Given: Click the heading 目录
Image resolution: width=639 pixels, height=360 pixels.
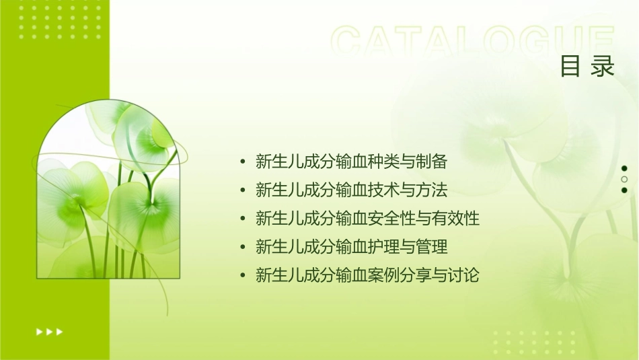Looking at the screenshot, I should [x=587, y=67].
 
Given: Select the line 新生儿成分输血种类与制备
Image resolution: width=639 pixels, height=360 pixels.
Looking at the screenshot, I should [x=352, y=161].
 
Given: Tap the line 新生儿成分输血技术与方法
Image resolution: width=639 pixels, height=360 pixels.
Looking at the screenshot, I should [x=352, y=190].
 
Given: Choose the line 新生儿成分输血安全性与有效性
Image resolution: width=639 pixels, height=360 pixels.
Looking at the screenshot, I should [x=368, y=219].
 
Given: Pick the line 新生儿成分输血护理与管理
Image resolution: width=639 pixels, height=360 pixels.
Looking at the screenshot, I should [x=352, y=247].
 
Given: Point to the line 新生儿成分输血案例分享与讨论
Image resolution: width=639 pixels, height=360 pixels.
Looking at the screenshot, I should [x=368, y=275].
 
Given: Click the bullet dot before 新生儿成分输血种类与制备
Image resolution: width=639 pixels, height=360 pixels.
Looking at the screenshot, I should [x=242, y=162].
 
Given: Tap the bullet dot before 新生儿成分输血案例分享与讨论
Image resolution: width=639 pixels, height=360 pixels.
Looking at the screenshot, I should [x=242, y=276].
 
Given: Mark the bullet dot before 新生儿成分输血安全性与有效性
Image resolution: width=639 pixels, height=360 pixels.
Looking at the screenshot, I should [x=242, y=219].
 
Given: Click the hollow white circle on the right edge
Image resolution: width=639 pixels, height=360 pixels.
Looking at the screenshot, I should [x=624, y=179].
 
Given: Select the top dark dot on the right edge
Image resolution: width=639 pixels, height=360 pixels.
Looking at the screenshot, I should [x=624, y=168].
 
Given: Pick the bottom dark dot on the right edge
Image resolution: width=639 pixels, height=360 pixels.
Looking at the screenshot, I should [x=624, y=190].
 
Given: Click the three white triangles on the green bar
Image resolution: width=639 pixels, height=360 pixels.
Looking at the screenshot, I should [x=49, y=331].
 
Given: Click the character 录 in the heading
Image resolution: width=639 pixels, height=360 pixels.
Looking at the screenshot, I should [x=603, y=67].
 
